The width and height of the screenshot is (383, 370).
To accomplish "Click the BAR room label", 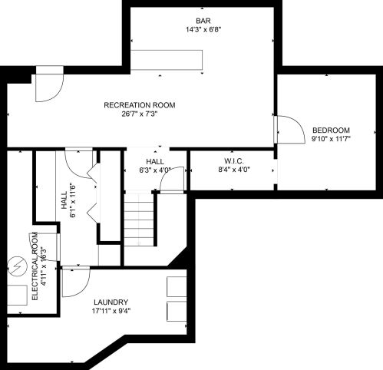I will coord(203,20).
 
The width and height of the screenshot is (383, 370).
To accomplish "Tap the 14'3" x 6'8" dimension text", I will coord(203,30).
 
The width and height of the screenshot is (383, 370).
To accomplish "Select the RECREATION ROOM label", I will coord(140,105).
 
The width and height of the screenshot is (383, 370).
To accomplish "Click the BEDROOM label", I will coord(331,130).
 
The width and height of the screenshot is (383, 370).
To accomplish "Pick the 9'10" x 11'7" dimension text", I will coord(331,140).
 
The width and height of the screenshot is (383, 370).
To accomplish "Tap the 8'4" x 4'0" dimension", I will coord(234,169).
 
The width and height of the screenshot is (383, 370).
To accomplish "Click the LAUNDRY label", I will coord(111,302).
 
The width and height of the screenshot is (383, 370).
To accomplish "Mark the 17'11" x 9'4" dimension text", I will coord(111,312).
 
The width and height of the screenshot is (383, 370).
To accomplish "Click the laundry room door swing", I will coord(75,281).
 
